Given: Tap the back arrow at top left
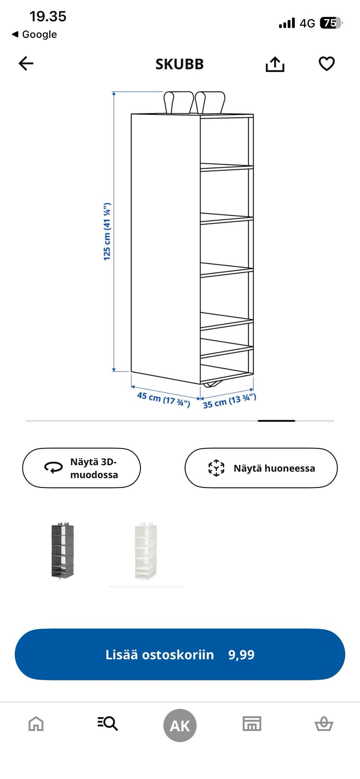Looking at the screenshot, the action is click(26, 63).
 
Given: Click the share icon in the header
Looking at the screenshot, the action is click(275, 64).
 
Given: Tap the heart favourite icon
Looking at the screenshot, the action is click(327, 63).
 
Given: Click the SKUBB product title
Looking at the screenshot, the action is click(180, 64).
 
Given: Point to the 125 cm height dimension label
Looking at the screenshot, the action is click(107, 231).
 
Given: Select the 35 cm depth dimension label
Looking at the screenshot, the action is click(229, 401).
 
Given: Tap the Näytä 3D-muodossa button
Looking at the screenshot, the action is click(81, 468).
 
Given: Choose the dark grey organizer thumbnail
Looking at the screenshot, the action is click(62, 550).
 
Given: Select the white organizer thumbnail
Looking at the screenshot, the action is click(146, 550).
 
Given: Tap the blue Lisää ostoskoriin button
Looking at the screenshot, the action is click(180, 654).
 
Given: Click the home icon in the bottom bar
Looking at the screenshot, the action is click(36, 724).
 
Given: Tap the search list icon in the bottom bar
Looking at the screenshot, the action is click(108, 724).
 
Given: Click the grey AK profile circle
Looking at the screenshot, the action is click(180, 725).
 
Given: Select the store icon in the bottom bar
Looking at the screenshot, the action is click(252, 724).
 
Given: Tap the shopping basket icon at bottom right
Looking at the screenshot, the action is click(324, 724).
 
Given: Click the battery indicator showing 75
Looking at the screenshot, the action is click(331, 23).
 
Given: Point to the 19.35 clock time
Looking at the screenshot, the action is click(48, 16).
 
